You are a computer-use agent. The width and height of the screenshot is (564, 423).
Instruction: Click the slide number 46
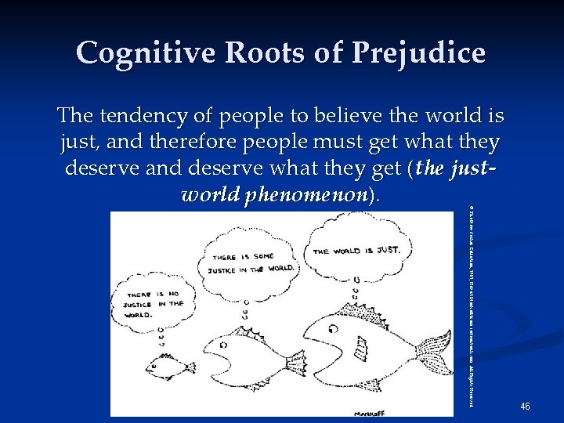click(525, 406)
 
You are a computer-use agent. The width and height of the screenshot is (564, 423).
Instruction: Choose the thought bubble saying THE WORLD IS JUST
click(356, 250)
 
